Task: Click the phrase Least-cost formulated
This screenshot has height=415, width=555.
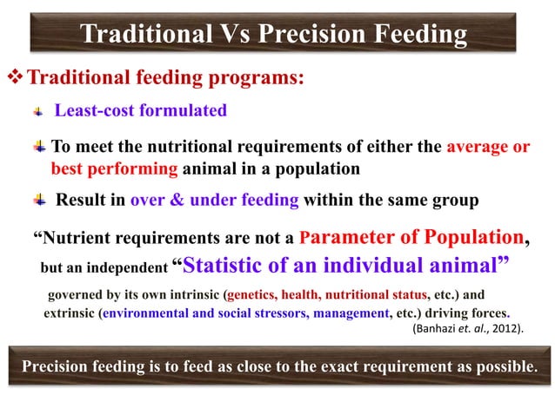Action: (140, 110)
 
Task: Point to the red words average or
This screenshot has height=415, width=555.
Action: (487, 146)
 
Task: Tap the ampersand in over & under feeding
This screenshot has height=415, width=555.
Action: (178, 201)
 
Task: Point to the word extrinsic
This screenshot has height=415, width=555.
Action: (70, 313)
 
